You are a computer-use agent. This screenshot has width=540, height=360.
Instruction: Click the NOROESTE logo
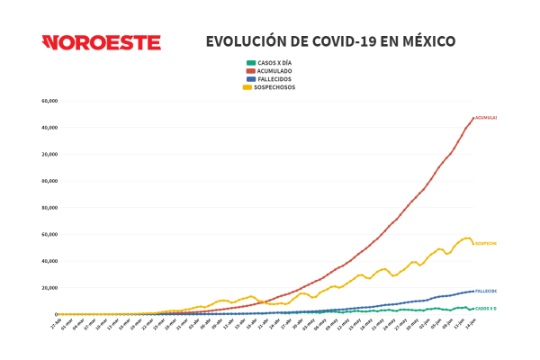click(x=102, y=42)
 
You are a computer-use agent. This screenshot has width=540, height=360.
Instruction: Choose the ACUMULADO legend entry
click(x=274, y=70)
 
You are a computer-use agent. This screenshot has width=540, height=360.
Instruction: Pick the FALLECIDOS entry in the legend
click(x=274, y=79)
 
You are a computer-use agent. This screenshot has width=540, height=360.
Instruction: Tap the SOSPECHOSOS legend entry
click(x=276, y=87)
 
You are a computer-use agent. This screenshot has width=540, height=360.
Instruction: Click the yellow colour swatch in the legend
click(x=249, y=87)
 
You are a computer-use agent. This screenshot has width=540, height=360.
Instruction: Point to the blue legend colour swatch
click(x=249, y=79)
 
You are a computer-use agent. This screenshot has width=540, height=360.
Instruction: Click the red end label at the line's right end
click(x=486, y=118)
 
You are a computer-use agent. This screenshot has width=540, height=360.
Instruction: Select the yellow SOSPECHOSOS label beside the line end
click(x=486, y=243)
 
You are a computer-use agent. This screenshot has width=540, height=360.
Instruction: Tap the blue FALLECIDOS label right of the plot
click(x=486, y=292)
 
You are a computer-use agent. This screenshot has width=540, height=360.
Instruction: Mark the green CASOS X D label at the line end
click(x=486, y=309)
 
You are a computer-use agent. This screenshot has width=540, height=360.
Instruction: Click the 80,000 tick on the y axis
click(x=49, y=207)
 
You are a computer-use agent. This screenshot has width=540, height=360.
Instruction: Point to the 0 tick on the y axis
click(x=56, y=314)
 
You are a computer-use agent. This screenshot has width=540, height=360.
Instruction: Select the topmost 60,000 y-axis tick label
click(x=49, y=101)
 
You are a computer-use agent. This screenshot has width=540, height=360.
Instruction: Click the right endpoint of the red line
click(x=472, y=119)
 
